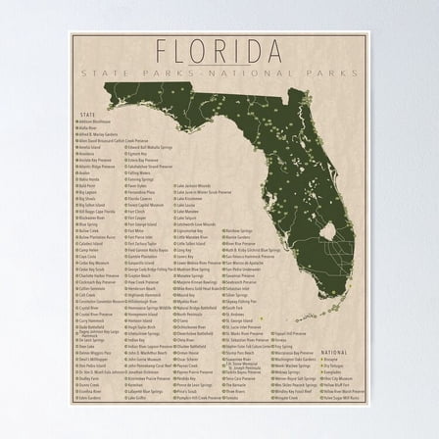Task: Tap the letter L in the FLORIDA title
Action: (184, 50)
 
